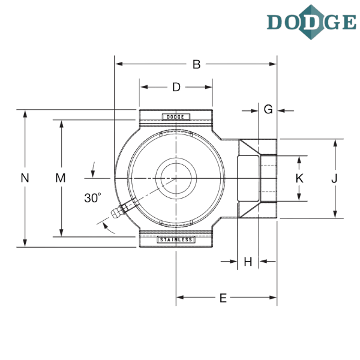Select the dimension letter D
(x=176, y=88)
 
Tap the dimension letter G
(x=268, y=109)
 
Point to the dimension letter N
(x=25, y=178)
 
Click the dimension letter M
(x=60, y=178)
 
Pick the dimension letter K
(x=299, y=178)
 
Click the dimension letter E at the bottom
(x=223, y=298)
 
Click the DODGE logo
(x=310, y=23)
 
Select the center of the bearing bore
(x=176, y=178)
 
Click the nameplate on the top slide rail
(x=176, y=116)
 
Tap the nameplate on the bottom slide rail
(x=176, y=240)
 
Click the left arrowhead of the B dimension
(x=118, y=64)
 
